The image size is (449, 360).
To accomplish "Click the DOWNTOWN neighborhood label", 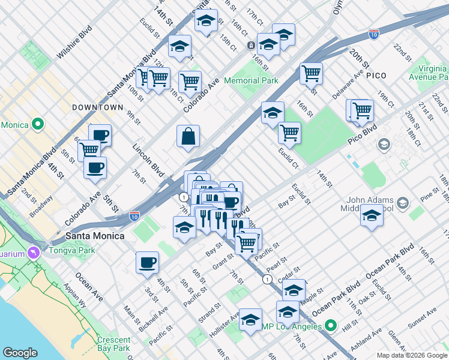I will coord(97,107).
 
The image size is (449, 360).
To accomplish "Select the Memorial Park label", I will coord(251,80).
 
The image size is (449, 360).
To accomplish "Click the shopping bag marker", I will coord(188,136).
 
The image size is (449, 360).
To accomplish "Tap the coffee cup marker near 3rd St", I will coord(147,263).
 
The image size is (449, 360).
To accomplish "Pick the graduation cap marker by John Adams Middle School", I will coord(372,215).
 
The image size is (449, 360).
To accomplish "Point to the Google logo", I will coord(20,353).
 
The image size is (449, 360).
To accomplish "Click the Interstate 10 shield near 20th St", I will coord(373,35).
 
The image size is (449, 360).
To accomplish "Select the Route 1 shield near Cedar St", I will coord(267,280).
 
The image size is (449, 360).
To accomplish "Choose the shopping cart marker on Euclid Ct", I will coord(289,133).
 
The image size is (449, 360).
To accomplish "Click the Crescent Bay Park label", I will coord(113,344).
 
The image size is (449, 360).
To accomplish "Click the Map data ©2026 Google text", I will coord(411,355).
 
